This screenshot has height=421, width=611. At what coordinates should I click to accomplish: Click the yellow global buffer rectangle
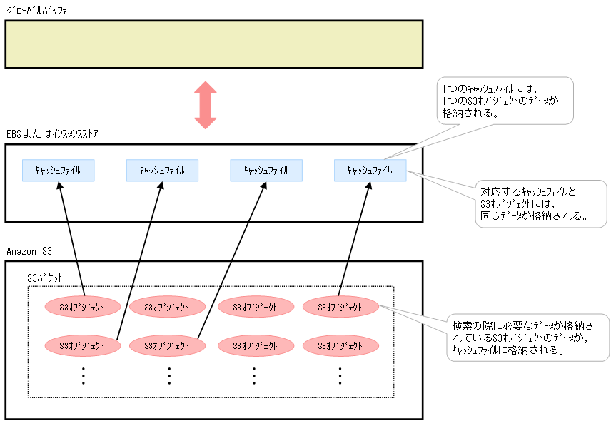click(214, 44)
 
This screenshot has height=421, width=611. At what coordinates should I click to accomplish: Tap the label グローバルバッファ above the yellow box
click(37, 10)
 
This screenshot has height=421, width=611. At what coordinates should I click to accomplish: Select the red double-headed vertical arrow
click(206, 105)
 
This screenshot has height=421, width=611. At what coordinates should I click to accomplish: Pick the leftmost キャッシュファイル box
click(58, 170)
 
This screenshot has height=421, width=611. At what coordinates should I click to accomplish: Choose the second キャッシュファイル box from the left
click(161, 170)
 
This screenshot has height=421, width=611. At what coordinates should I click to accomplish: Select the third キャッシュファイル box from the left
click(266, 170)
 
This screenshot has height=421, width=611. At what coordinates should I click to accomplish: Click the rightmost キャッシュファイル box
click(369, 170)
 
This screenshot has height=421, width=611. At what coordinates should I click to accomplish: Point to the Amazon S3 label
click(29, 251)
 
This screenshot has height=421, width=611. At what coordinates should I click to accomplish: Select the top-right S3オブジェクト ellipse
click(341, 307)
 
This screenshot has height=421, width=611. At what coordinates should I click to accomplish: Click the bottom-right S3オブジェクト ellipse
click(341, 345)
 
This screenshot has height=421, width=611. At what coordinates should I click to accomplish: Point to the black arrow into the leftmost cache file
click(71, 239)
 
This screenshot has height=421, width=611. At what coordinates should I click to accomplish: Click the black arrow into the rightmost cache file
click(355, 239)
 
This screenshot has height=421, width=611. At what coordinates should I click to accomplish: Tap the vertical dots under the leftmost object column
click(83, 375)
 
